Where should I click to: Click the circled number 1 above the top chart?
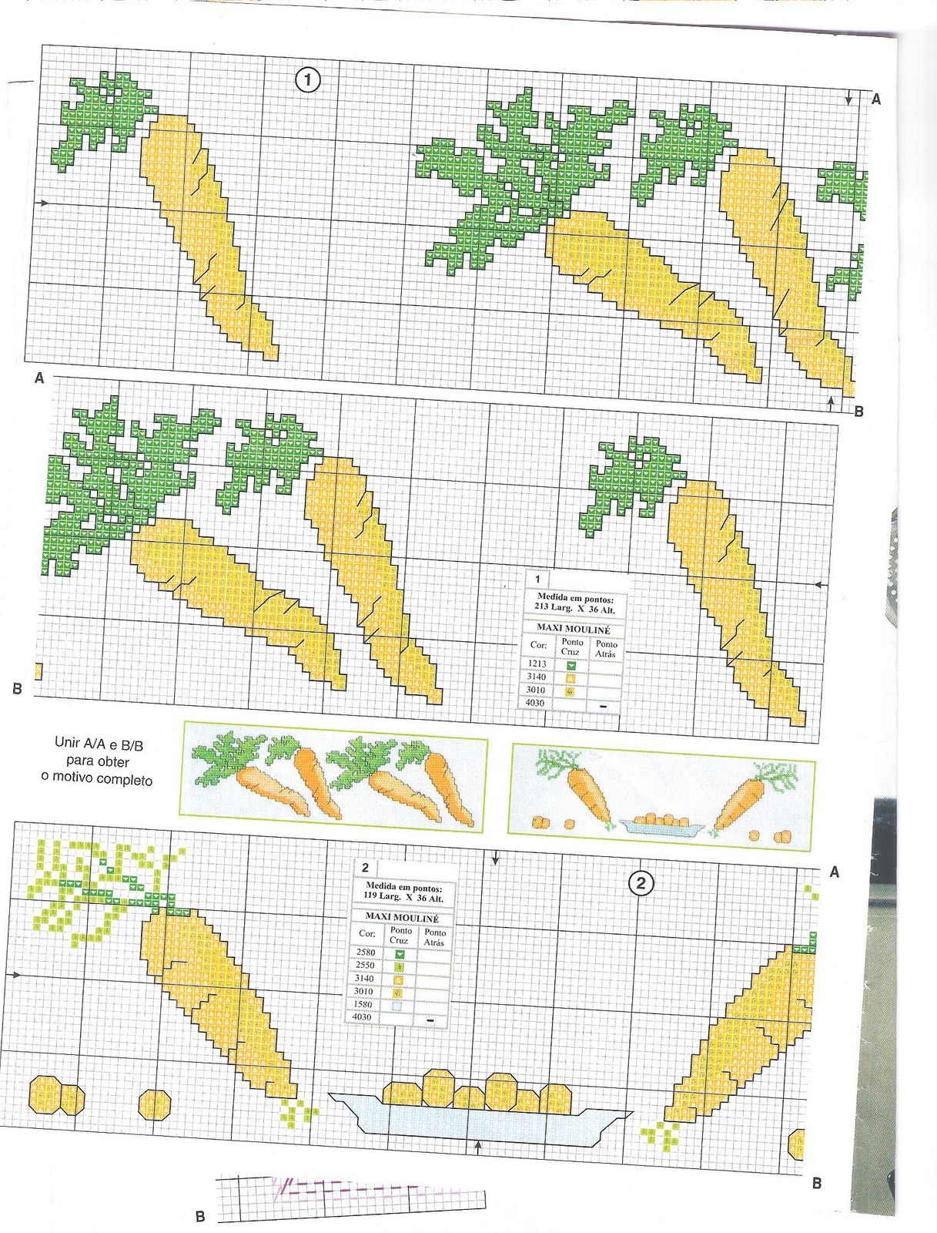click(x=308, y=80)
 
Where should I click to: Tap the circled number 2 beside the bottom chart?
click(x=641, y=883)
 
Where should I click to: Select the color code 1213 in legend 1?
click(x=537, y=664)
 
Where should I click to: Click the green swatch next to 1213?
click(x=571, y=665)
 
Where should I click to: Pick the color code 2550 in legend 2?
click(x=365, y=965)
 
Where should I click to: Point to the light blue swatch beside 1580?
click(x=398, y=1005)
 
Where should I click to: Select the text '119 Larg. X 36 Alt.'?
click(x=404, y=899)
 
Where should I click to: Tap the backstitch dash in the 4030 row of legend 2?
click(x=431, y=1020)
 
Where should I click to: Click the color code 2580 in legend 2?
click(x=365, y=952)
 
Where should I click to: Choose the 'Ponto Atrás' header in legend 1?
click(x=607, y=648)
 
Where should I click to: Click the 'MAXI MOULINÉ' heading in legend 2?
click(x=402, y=918)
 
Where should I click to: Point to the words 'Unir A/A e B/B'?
click(x=99, y=744)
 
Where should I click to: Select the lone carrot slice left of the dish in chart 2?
click(x=154, y=1104)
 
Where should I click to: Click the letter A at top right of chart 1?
click(x=876, y=99)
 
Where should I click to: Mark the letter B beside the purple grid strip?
click(x=200, y=1217)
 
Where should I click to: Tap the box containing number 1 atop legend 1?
click(x=537, y=580)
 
